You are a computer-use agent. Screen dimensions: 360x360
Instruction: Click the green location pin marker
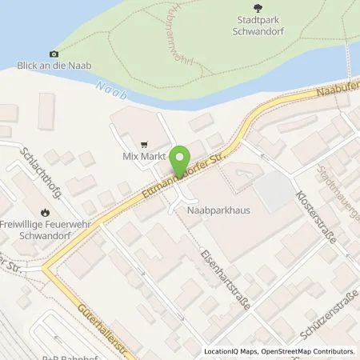[x=182, y=159]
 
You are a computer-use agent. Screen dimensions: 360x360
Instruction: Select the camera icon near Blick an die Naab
[x=54, y=54]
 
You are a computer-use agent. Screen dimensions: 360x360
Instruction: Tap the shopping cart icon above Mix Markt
[x=144, y=146]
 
